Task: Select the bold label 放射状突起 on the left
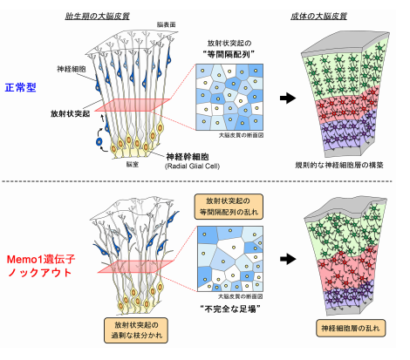pos(69,112)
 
